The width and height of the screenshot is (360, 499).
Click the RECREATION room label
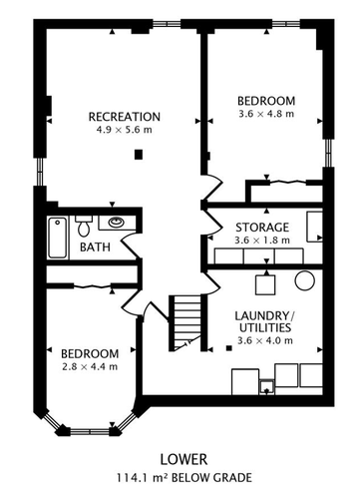pyautogui.click(x=125, y=117)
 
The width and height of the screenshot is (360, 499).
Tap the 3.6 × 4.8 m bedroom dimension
pyautogui.click(x=266, y=114)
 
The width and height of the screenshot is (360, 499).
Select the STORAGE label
pyautogui.click(x=262, y=228)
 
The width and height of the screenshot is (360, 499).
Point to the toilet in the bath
pyautogui.click(x=83, y=225)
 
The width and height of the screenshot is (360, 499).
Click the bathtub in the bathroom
pyautogui.click(x=58, y=238)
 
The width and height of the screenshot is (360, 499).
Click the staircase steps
pyautogui.click(x=187, y=322)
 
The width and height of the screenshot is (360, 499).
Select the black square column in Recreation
pyautogui.click(x=139, y=155)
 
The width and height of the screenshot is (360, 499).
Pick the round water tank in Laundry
pyautogui.click(x=304, y=281)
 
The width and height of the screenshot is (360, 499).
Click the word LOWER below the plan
pyautogui.click(x=183, y=459)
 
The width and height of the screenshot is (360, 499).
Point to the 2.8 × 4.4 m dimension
pyautogui.click(x=90, y=367)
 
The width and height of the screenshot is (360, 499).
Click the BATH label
pyautogui.click(x=95, y=248)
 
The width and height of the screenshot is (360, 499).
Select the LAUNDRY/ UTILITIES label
pyautogui.click(x=265, y=321)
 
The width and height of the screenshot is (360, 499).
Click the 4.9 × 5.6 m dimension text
pyautogui.click(x=124, y=130)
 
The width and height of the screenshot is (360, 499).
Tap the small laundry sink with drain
pyautogui.click(x=267, y=387)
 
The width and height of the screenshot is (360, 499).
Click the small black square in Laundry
pyautogui.click(x=228, y=348)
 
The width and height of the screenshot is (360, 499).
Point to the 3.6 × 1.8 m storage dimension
pyautogui.click(x=262, y=241)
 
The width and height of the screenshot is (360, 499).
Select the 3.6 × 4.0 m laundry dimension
pyautogui.click(x=265, y=340)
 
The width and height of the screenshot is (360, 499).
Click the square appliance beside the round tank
pyautogui.click(x=265, y=285)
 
